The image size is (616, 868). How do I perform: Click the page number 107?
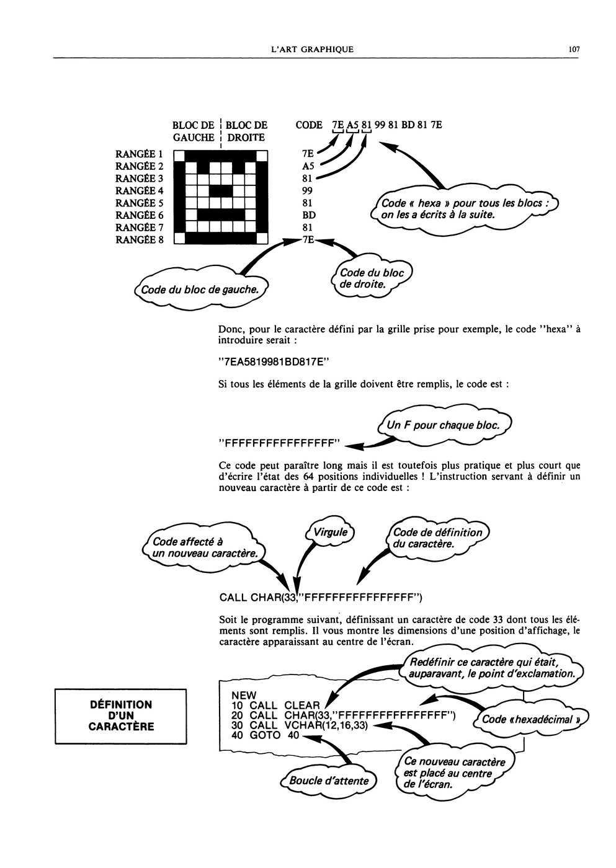click(x=573, y=50)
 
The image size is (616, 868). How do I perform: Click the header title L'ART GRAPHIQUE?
click(x=308, y=50)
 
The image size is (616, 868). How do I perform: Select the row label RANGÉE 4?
click(x=139, y=191)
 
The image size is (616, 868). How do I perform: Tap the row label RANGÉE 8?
click(x=139, y=240)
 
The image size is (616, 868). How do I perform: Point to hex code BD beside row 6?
click(x=309, y=215)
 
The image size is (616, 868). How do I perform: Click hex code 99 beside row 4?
click(x=307, y=191)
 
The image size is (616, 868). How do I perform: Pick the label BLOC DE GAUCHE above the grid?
click(x=194, y=131)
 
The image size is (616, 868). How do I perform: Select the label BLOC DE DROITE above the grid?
click(x=246, y=131)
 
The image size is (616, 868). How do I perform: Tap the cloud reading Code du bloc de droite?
click(x=372, y=278)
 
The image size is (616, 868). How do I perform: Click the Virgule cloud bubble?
click(x=330, y=533)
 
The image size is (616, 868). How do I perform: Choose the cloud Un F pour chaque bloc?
click(x=444, y=425)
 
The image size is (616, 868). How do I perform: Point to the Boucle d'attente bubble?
click(x=328, y=781)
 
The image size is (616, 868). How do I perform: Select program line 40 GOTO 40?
click(x=265, y=735)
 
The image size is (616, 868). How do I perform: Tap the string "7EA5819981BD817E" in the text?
click(x=274, y=362)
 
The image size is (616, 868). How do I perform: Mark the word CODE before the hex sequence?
click(x=308, y=125)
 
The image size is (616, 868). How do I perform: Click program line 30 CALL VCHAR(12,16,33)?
click(x=299, y=725)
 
